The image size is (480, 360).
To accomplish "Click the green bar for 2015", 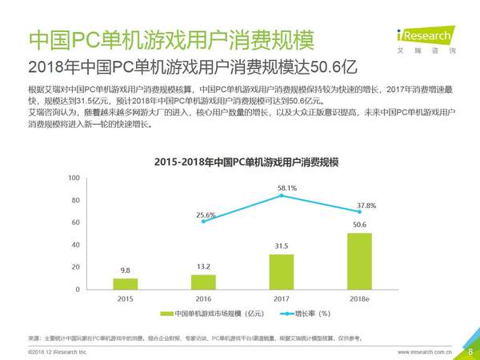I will [x=125, y=283].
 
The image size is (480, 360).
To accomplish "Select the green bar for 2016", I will [x=203, y=282].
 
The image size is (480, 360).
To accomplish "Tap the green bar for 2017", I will [x=281, y=271].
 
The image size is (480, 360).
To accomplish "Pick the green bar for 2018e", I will [x=359, y=261].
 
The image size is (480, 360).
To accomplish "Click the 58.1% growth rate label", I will [x=287, y=188].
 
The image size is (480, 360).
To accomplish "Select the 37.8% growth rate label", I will [x=366, y=205].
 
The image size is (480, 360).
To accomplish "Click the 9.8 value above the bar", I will [x=125, y=270].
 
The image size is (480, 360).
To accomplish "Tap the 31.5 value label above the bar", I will [x=281, y=246].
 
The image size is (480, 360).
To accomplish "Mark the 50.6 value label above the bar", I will [x=359, y=225].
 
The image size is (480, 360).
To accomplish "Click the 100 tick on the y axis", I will [x=74, y=178].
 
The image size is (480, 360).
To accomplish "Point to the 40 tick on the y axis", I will [x=75, y=245].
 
